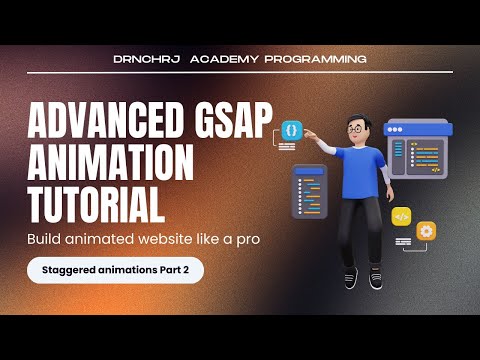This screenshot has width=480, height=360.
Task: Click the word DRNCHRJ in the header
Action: (x=150, y=58)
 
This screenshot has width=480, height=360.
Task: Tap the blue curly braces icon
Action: (x=290, y=131)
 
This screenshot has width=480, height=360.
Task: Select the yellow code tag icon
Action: (x=401, y=216)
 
